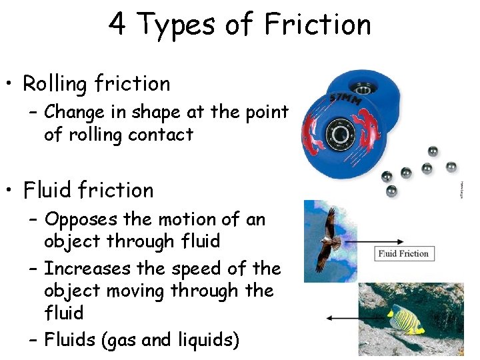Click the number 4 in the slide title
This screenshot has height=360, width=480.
(x=117, y=25)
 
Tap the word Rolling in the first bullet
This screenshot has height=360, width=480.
(x=55, y=84)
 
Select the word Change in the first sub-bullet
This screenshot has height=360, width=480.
(x=79, y=112)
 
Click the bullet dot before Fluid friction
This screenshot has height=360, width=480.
(x=11, y=191)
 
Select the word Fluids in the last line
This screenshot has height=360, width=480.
(x=69, y=340)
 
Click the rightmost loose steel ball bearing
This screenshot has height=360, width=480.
(x=451, y=166)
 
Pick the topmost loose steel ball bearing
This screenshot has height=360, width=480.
(x=433, y=151)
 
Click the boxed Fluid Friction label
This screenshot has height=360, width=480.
(x=403, y=253)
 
